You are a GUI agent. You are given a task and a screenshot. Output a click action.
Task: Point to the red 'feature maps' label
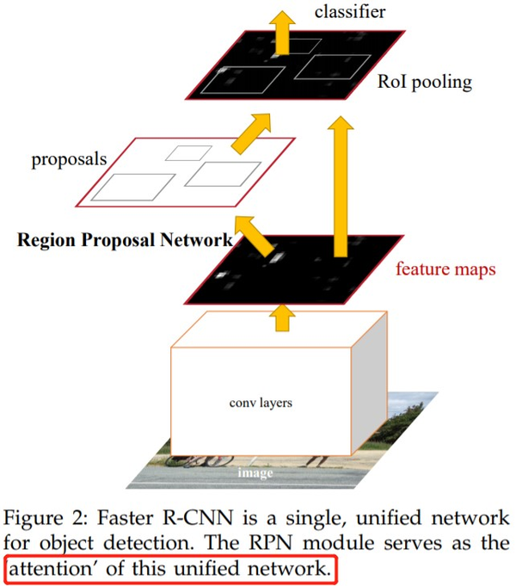(445, 269)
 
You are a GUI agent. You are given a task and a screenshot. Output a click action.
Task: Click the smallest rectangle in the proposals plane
(189, 152)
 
